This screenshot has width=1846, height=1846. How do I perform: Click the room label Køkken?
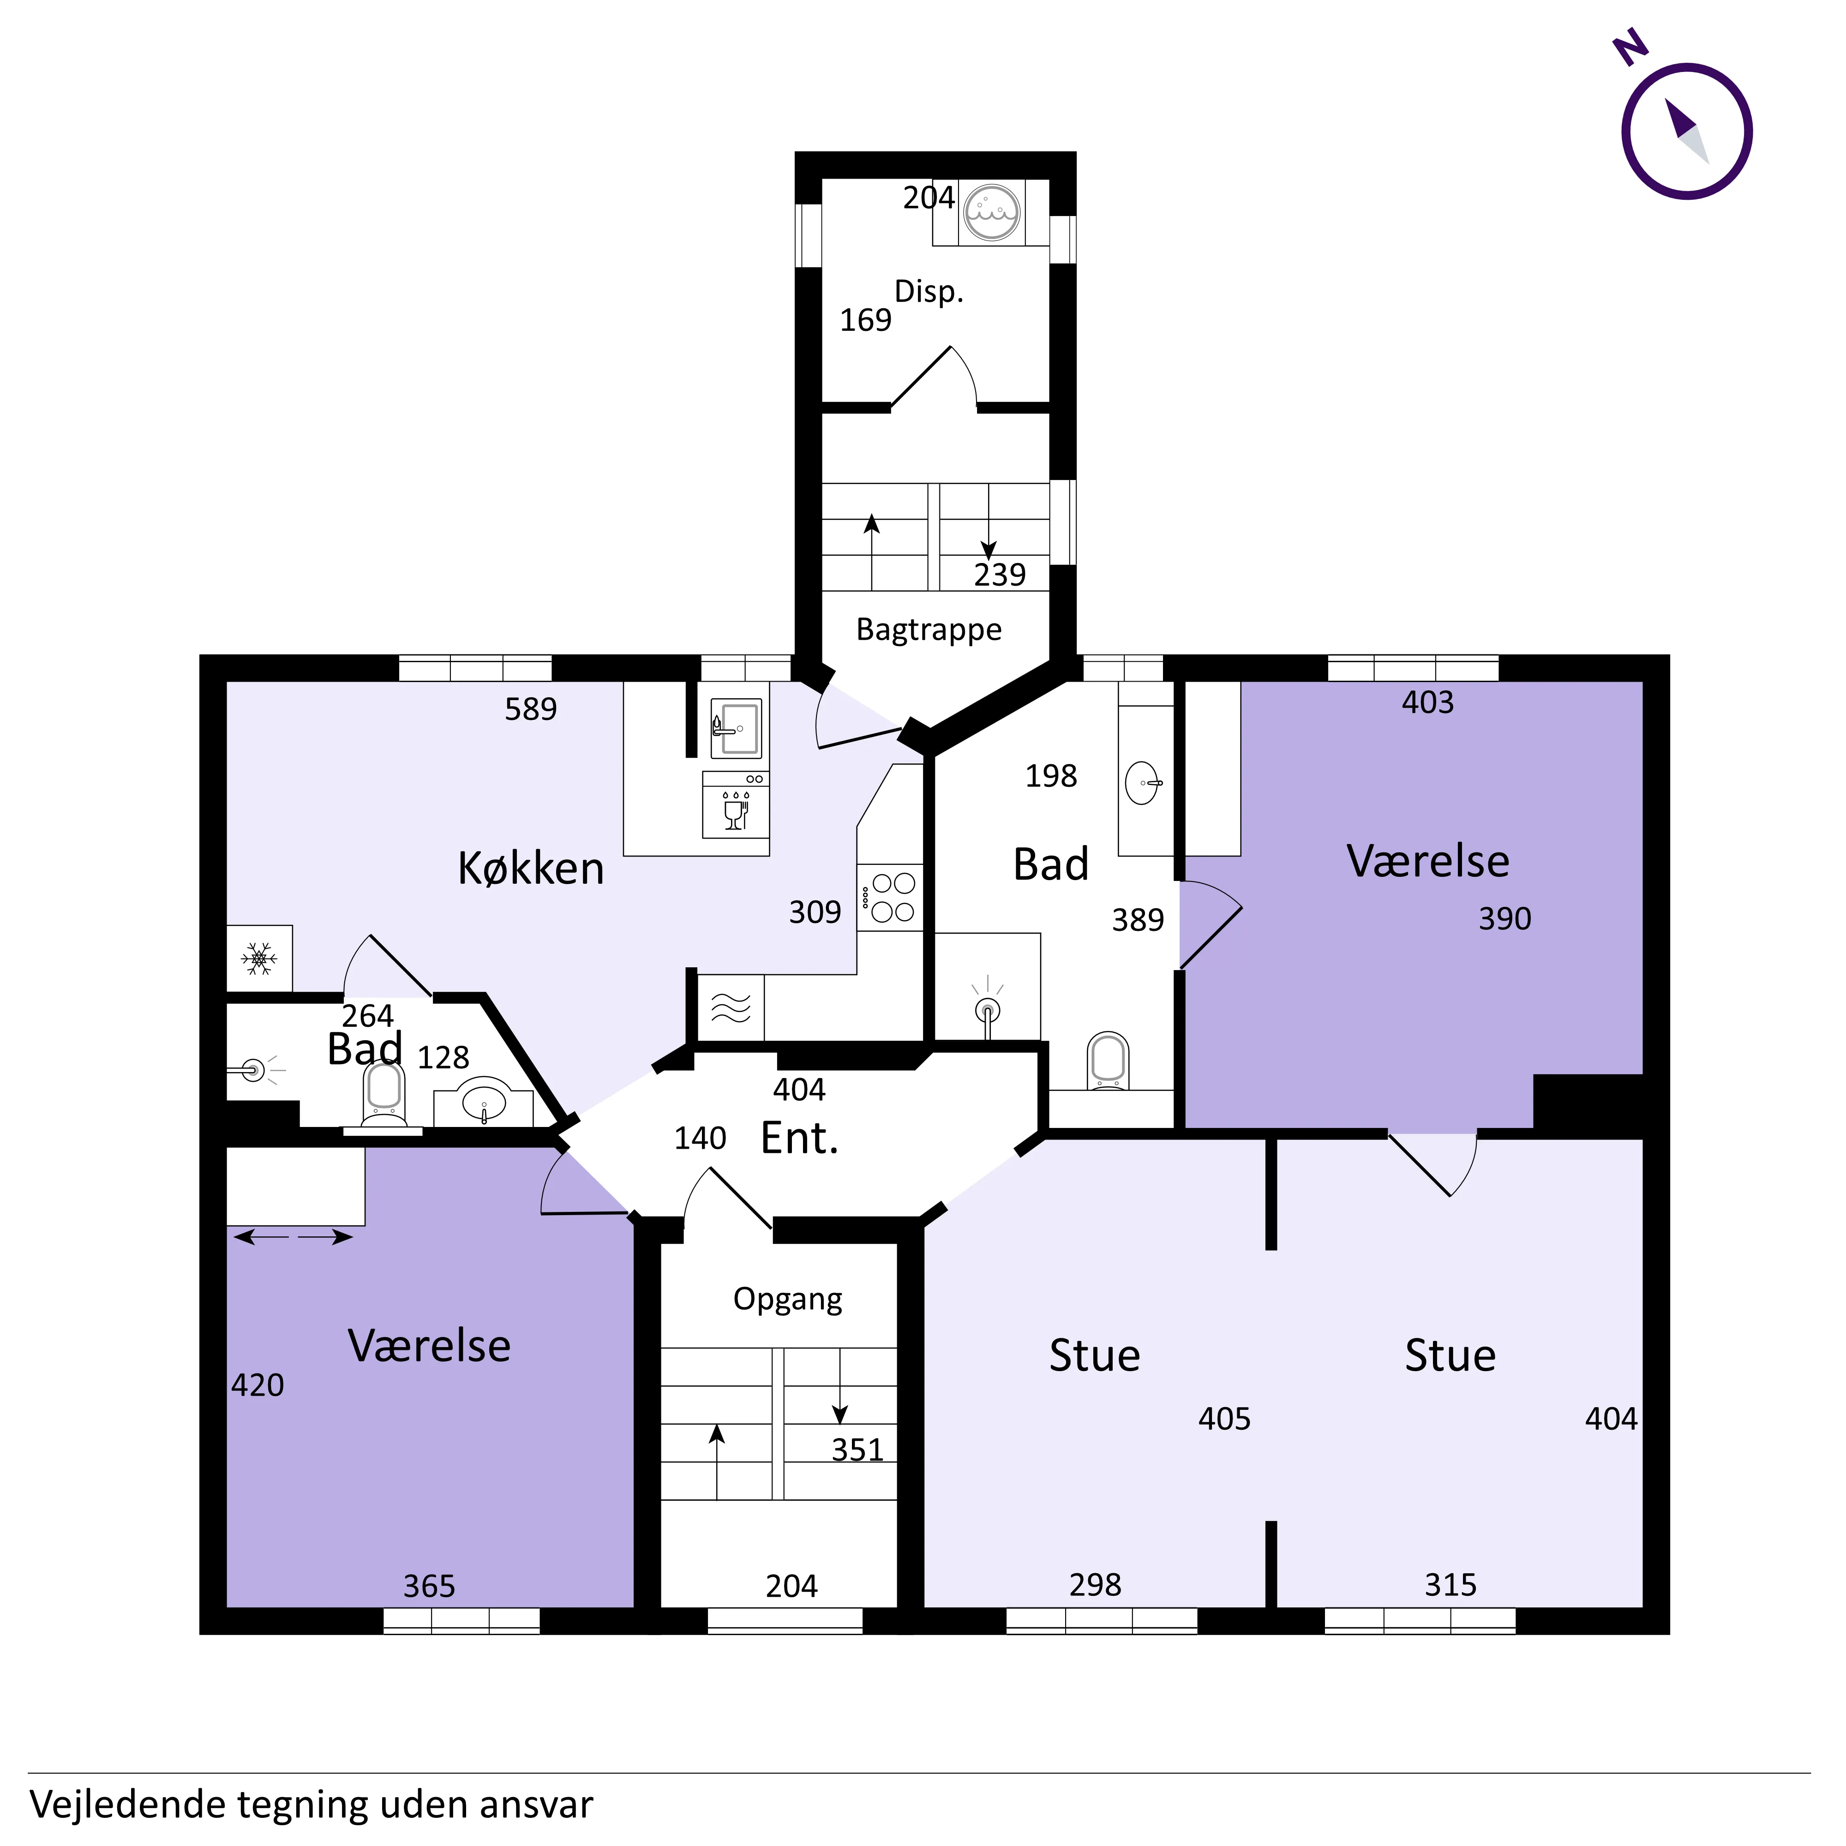tap(531, 869)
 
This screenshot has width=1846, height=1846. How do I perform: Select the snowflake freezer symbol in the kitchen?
tap(259, 959)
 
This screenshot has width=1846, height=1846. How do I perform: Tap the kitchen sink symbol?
tap(736, 728)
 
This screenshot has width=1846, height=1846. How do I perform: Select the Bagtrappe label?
tap(929, 629)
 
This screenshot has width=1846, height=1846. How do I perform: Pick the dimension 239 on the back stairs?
tap(1000, 574)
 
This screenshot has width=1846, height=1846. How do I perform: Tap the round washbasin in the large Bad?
tap(1144, 784)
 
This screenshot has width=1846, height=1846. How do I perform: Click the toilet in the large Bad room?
tap(1109, 1061)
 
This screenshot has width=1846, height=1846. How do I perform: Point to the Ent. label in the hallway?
tap(800, 1138)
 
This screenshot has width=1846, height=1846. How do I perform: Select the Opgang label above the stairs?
tap(788, 1300)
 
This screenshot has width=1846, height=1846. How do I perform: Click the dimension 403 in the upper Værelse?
tap(1427, 702)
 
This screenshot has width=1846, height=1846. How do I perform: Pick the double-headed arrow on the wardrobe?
tap(294, 1237)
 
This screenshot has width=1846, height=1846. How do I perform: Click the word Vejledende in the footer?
tap(126, 1805)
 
